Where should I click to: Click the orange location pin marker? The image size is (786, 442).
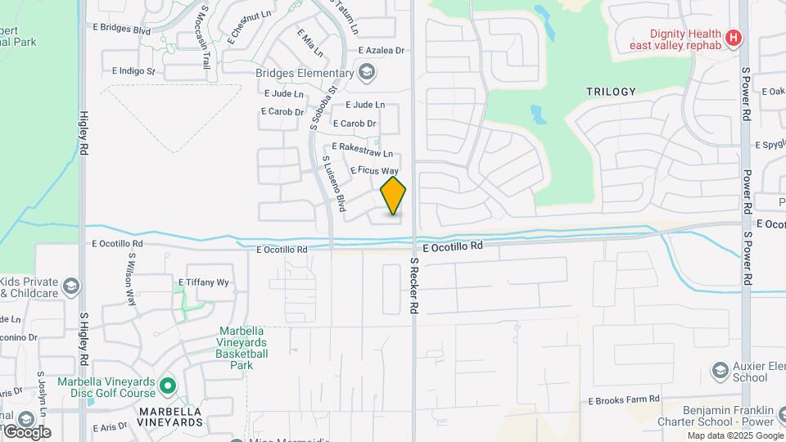click(x=394, y=196)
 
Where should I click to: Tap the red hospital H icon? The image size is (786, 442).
click(x=734, y=37)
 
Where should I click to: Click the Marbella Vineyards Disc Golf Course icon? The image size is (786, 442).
click(x=168, y=384)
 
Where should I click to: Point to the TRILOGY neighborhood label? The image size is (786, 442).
click(x=611, y=92)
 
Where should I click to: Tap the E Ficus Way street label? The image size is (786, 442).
click(x=374, y=170)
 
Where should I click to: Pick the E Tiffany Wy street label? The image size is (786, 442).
click(x=204, y=282)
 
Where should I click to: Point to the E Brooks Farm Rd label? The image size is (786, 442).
click(x=624, y=400)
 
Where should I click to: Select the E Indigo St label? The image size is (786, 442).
click(x=132, y=71)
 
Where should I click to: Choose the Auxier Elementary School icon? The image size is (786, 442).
click(x=720, y=370)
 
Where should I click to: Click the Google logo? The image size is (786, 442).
click(x=26, y=431)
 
